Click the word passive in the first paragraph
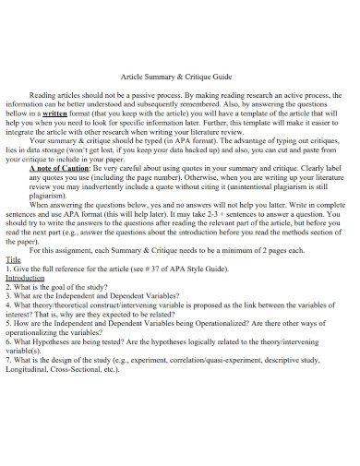click(148, 94)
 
